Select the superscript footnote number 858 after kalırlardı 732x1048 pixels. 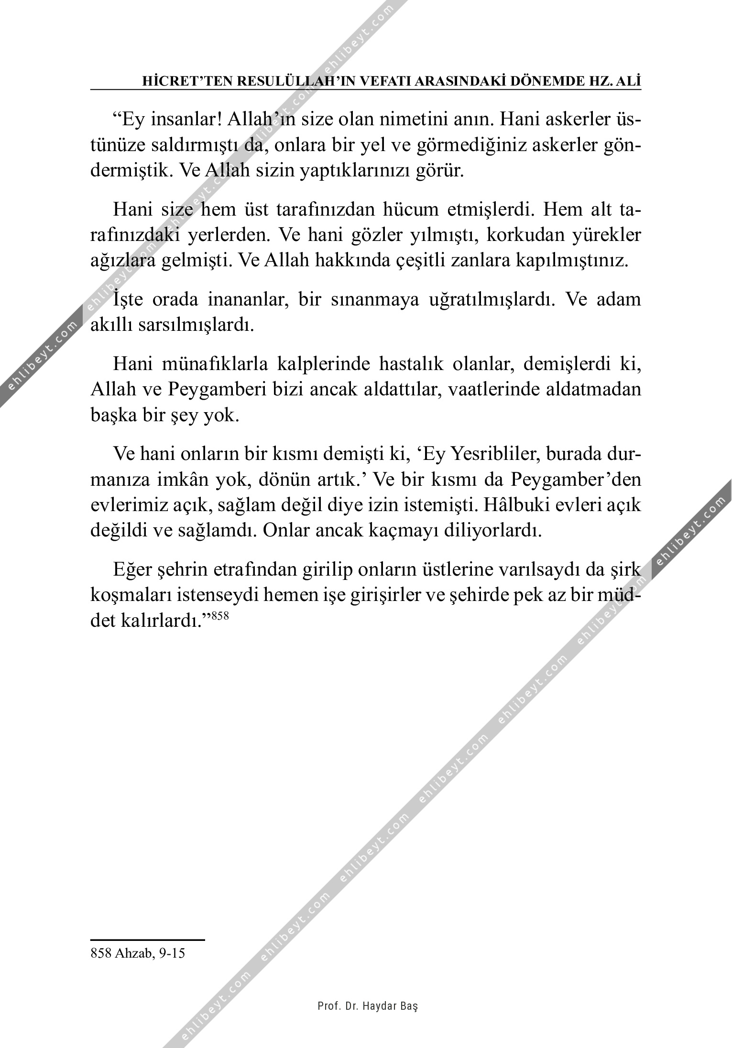(220, 616)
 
